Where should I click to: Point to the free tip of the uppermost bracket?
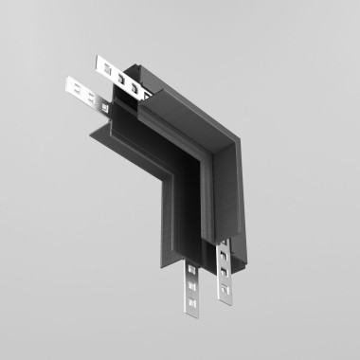[98, 64]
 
